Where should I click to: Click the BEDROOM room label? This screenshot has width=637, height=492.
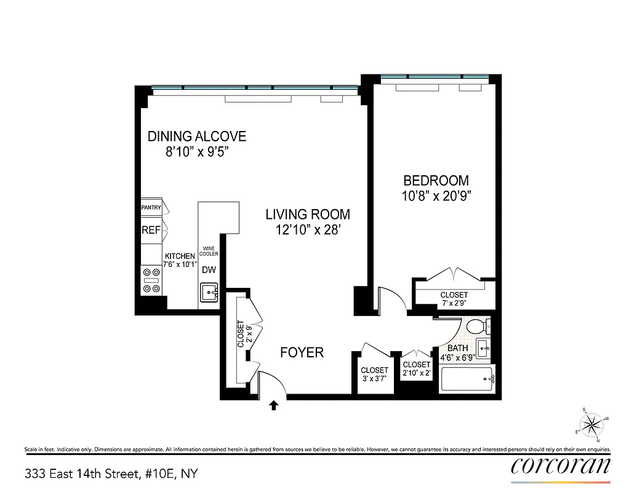pos(436,181)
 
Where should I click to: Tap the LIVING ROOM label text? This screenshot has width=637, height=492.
pos(308,215)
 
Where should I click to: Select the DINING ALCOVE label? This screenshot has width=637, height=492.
pos(197,137)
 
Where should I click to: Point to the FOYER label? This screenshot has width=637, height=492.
pos(302,353)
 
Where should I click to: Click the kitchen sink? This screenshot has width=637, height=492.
pos(209,292)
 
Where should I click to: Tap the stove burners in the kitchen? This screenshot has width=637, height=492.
pos(151,280)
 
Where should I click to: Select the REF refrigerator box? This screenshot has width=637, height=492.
pos(151,230)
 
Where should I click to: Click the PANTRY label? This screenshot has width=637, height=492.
pos(151,208)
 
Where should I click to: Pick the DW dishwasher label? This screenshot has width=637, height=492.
pos(209,269)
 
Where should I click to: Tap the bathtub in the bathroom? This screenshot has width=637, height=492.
pos(467,379)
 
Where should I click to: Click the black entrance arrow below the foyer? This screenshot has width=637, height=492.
pos(274,405)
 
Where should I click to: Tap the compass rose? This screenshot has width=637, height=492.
pos(591,424)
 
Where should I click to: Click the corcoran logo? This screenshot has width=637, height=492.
pos(561,466)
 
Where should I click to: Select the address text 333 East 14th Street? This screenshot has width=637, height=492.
pos(111,474)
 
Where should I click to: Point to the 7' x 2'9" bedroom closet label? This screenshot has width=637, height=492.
pos(454,300)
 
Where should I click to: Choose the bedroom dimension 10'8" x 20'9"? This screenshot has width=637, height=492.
pos(436,196)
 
